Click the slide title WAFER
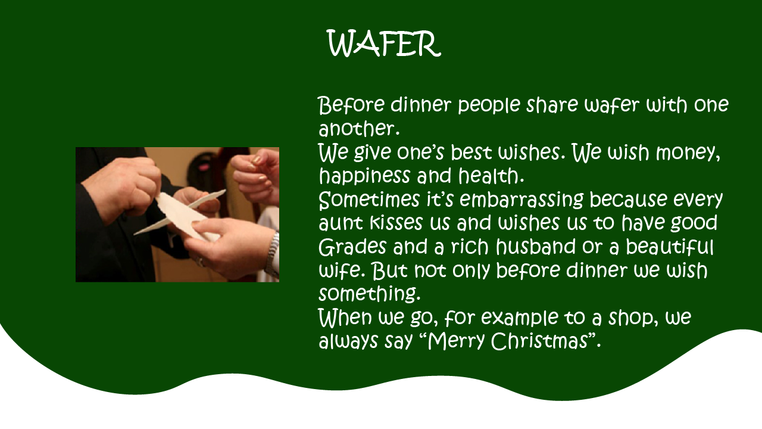point(384,43)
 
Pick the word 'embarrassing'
point(521,200)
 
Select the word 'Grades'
point(352,247)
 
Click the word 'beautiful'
point(670,246)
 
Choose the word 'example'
point(520,318)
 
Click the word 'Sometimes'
point(368,200)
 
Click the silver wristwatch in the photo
point(273,253)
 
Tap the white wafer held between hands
point(184,214)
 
